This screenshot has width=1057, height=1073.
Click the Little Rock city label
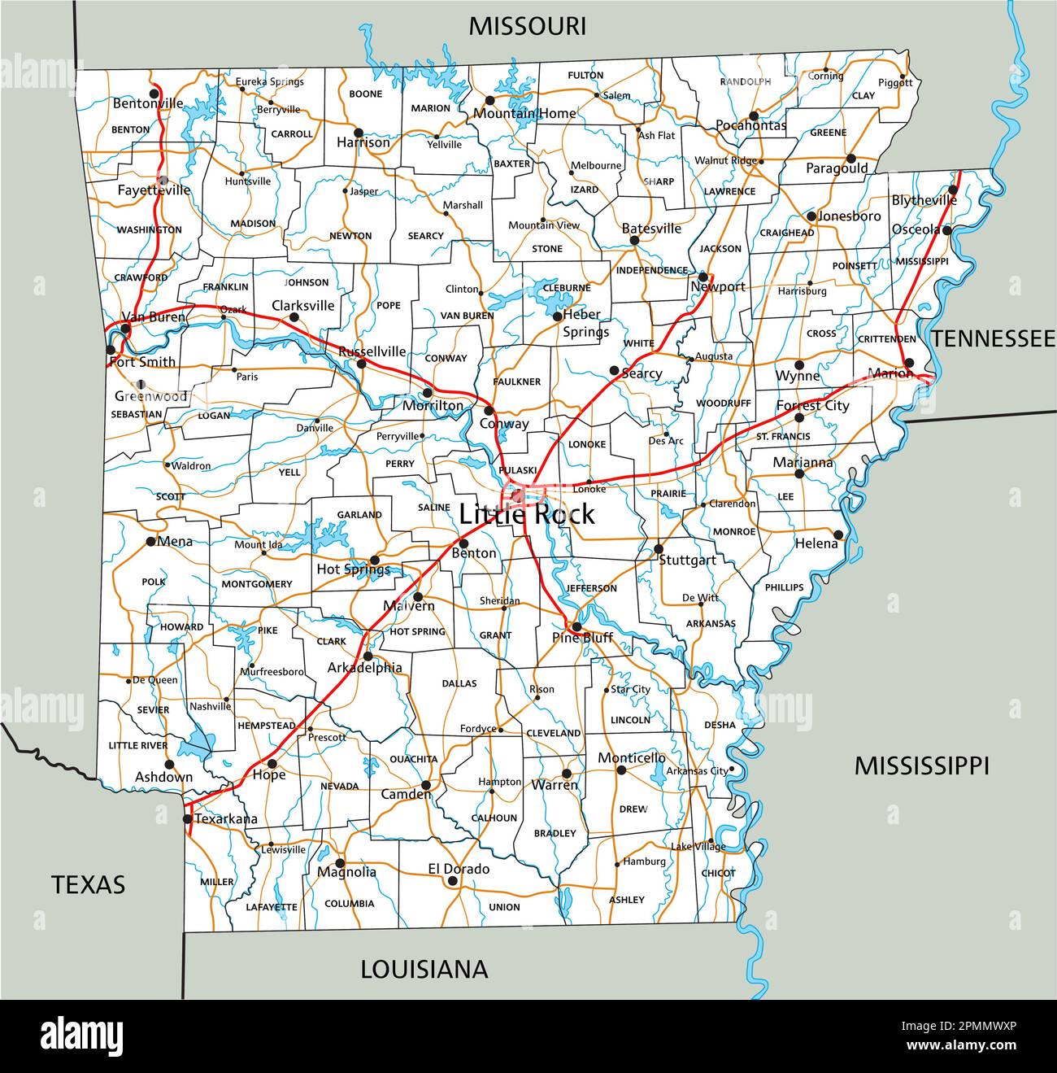527,514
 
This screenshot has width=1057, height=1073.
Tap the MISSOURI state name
527,26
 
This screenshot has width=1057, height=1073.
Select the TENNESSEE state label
992,338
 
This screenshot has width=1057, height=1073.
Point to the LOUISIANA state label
424,969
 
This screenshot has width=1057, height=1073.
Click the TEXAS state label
89,884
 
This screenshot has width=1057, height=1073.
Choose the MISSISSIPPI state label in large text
921,765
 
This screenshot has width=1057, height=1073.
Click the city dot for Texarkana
188,818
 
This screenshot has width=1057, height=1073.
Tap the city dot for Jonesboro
811,216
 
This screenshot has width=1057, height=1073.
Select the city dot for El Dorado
452,880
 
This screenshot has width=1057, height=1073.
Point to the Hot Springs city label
353,569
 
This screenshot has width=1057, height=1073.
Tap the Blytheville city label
924,200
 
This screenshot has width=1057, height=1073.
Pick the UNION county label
504,907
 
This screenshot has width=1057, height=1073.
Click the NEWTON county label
350,236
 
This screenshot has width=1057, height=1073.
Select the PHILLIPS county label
784,587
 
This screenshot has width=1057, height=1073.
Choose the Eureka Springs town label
270,81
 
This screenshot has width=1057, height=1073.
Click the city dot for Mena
151,541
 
